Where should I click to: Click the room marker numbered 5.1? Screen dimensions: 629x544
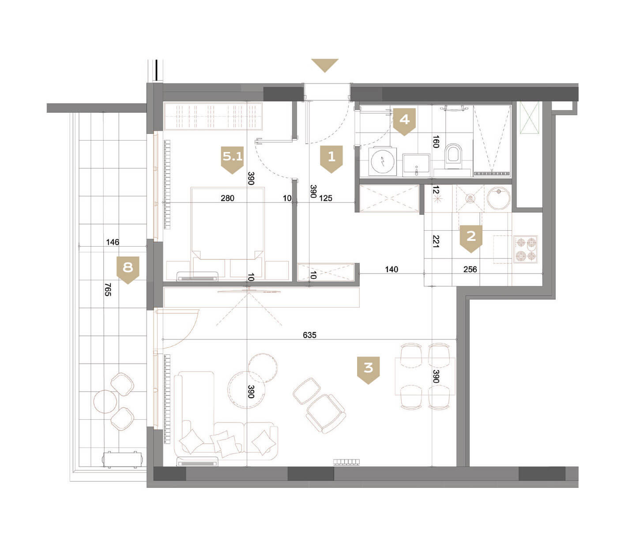coord(232,160)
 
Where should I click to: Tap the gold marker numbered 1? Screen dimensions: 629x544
coord(331,159)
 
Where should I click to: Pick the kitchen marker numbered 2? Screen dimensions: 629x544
coord(471,239)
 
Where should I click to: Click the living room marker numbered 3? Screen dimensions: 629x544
coord(368,370)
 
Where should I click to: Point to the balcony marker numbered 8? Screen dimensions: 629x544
coord(128,270)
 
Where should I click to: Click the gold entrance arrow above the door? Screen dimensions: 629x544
coord(325,65)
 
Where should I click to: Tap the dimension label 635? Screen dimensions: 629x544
coord(309,335)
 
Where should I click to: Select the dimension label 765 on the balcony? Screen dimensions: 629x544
coord(108,289)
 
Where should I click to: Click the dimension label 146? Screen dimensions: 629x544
coord(113,242)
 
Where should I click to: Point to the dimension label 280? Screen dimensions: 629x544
coord(227,198)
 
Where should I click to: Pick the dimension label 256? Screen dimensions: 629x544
coord(470,269)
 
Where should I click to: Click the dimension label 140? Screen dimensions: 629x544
coord(392,269)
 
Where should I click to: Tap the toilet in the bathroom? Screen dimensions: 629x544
coord(453,156)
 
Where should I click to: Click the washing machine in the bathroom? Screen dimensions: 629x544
coord(383,162)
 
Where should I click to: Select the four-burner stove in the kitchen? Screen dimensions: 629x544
coord(526,249)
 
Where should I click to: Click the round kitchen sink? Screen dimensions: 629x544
coord(498,198)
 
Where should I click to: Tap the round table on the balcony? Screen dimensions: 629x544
coord(105,401)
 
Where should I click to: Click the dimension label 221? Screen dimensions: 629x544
coord(436,241)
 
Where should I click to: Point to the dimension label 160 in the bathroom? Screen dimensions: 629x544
coord(436,142)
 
